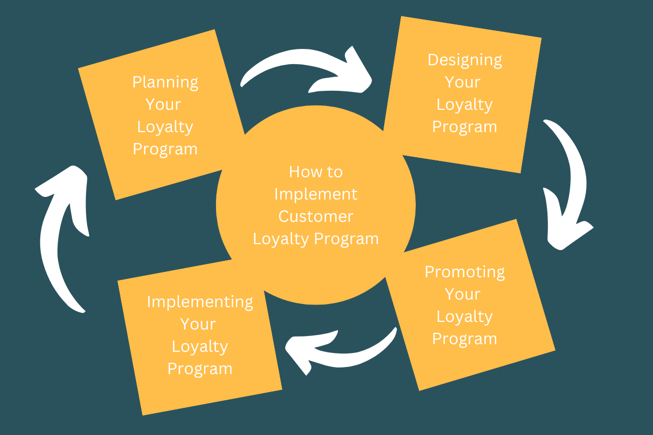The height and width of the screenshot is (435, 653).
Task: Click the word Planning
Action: click(x=165, y=83)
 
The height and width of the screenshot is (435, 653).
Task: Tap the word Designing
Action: click(x=464, y=60)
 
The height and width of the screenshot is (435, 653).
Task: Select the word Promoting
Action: click(x=465, y=271)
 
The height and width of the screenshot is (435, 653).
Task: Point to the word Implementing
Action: click(x=200, y=302)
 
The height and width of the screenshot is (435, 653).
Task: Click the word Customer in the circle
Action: click(x=316, y=216)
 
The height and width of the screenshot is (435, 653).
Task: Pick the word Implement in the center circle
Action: click(x=316, y=194)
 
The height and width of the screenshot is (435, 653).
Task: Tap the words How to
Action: click(x=316, y=172)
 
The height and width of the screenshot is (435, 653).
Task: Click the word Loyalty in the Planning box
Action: click(x=165, y=127)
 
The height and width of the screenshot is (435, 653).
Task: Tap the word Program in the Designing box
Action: click(x=464, y=127)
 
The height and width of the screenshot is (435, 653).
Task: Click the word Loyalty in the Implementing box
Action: click(x=200, y=346)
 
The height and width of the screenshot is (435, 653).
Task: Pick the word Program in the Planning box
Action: click(x=165, y=150)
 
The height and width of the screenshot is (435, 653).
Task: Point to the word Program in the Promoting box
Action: click(x=464, y=338)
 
